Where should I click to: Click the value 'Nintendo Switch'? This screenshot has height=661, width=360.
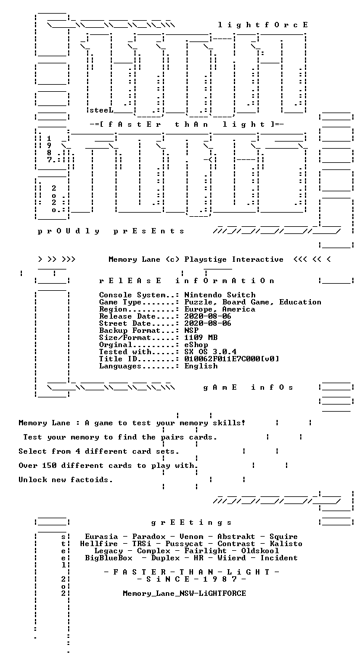pyautogui.click(x=220, y=295)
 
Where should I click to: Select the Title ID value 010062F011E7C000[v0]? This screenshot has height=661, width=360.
pyautogui.click(x=232, y=359)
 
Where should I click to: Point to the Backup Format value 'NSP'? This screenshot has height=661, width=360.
pyautogui.click(x=191, y=330)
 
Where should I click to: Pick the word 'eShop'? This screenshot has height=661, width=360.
pyautogui.click(x=197, y=345)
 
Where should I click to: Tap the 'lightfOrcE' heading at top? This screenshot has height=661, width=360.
pyautogui.click(x=263, y=25)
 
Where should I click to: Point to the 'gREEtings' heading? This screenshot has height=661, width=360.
pyautogui.click(x=191, y=523)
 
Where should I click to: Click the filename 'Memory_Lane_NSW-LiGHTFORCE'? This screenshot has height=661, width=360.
pyautogui.click(x=185, y=593)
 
